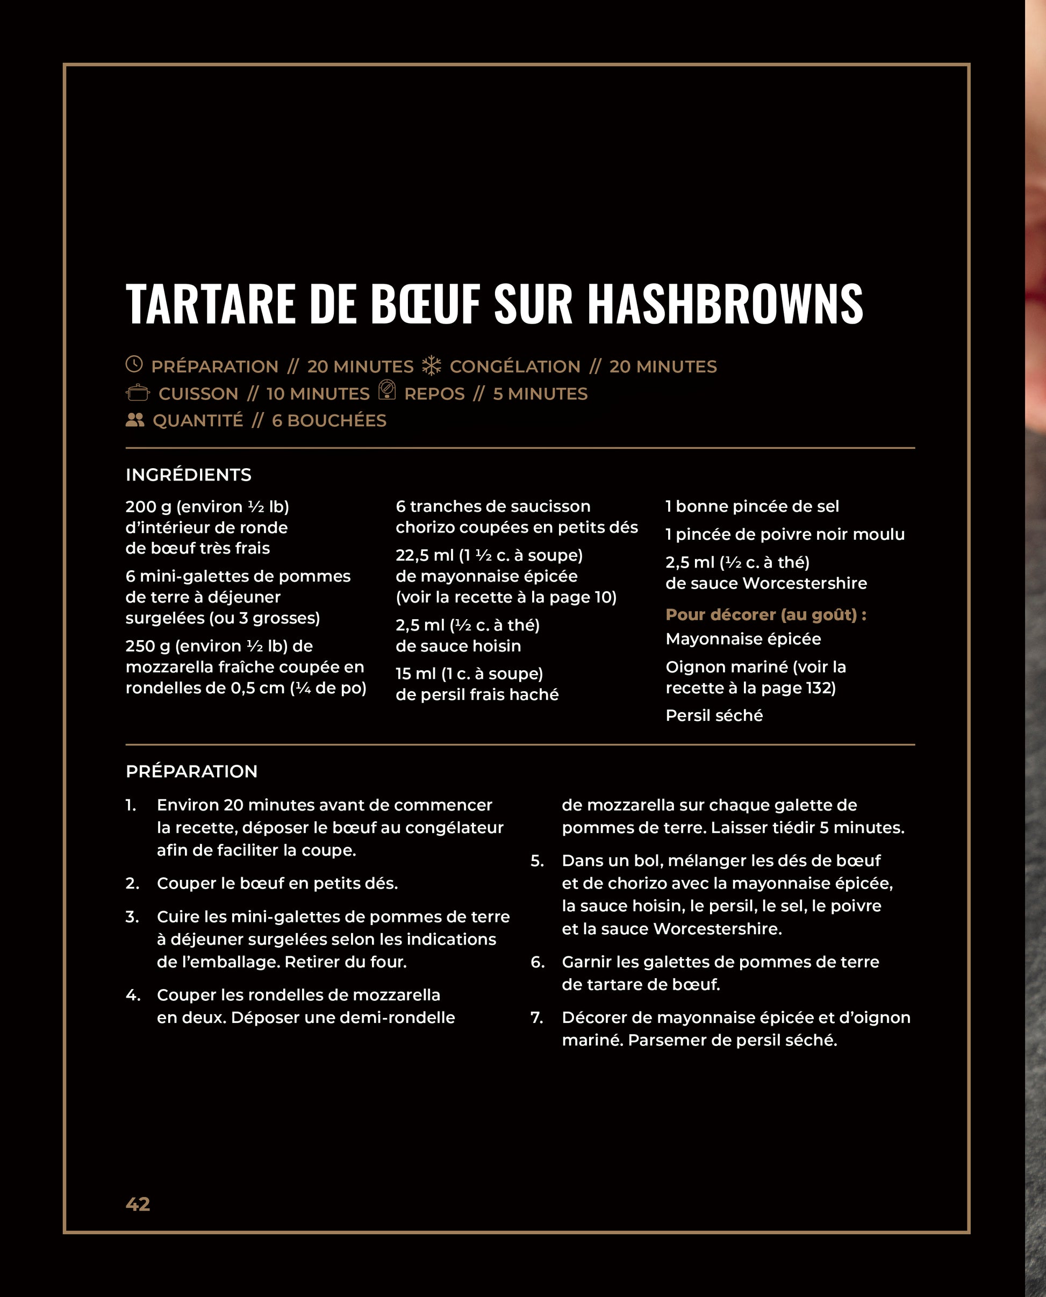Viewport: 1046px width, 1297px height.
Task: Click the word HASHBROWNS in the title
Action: [x=725, y=304]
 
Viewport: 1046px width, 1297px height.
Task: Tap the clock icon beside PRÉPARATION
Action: [x=134, y=364]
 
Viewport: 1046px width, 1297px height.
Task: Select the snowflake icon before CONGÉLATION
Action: [x=432, y=365]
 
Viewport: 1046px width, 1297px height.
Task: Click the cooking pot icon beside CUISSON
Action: [x=138, y=393]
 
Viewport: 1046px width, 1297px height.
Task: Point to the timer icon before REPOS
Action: [x=387, y=390]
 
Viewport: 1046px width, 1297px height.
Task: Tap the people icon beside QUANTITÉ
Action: [x=135, y=420]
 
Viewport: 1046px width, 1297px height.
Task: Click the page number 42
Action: [x=138, y=1203]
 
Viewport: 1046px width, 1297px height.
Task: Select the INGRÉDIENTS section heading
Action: [x=189, y=475]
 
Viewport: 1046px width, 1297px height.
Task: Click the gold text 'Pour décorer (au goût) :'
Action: [x=766, y=614]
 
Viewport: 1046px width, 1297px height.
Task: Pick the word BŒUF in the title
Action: [x=425, y=304]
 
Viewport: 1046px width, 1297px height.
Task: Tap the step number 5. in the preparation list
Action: [x=537, y=861]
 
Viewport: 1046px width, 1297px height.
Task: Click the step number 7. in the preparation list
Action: [x=537, y=1017]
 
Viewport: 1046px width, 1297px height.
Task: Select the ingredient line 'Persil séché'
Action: [x=714, y=715]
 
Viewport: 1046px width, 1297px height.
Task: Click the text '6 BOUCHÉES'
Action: [x=329, y=420]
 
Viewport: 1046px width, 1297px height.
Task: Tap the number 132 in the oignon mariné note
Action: [x=818, y=688]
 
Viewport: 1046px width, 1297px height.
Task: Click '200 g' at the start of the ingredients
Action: [x=148, y=507]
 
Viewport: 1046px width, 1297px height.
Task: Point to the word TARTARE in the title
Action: [x=211, y=304]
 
